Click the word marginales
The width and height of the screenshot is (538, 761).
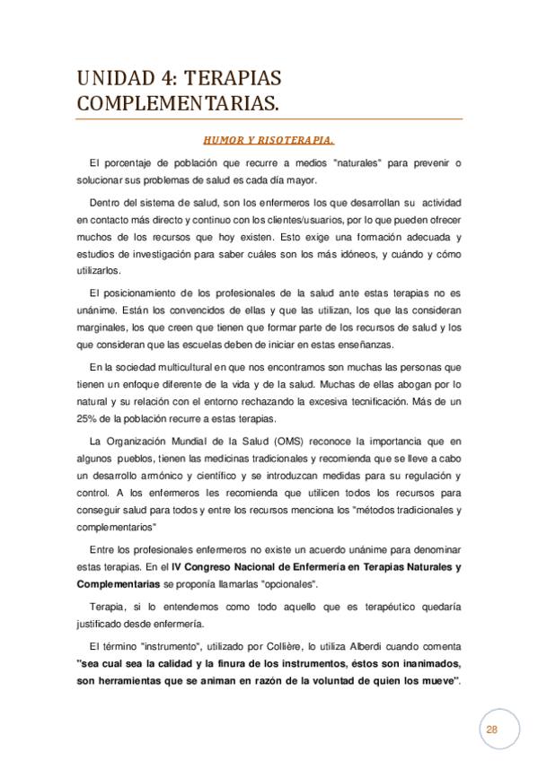point(101,328)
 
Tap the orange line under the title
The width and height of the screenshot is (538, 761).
point(269,119)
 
